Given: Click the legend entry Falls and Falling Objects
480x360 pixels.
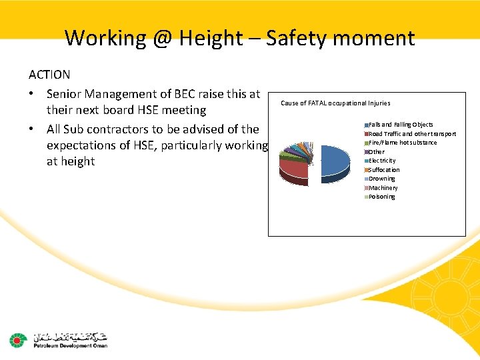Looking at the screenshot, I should point(400,125).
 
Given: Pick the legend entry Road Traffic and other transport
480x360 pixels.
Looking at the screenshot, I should point(412,134).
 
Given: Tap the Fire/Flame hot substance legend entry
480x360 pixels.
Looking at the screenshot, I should point(403,143).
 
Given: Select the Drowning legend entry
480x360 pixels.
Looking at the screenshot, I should point(382,179).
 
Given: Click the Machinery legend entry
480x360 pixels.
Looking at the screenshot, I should point(383,188).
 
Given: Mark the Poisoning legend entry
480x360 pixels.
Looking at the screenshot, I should point(382,197).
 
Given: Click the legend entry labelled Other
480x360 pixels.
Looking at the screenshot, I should point(377,152).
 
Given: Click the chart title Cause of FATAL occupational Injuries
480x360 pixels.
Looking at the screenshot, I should point(335,103).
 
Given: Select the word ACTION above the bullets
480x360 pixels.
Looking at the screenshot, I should point(49,75).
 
